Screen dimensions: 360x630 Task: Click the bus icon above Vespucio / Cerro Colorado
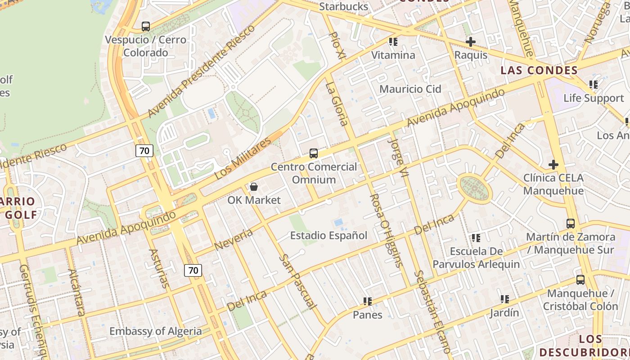[x=145, y=27]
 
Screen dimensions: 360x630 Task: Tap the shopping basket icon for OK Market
[x=254, y=187]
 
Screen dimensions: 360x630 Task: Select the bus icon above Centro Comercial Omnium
[x=314, y=153]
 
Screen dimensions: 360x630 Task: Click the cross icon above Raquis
[x=471, y=42]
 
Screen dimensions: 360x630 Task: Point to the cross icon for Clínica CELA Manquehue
[x=553, y=165]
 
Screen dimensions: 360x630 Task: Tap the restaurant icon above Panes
[x=368, y=301]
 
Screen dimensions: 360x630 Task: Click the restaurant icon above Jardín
[x=505, y=299]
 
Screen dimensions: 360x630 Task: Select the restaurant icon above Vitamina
[x=393, y=42]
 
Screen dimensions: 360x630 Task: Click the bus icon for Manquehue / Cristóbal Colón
[x=580, y=280]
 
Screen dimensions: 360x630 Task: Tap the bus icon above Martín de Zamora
[x=571, y=224]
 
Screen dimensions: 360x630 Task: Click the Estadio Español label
[x=328, y=235]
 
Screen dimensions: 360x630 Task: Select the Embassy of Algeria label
[x=156, y=332]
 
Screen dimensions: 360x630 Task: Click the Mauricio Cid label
[x=410, y=89]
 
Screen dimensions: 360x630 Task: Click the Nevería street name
[x=234, y=239]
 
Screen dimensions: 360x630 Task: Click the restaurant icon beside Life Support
[x=594, y=85]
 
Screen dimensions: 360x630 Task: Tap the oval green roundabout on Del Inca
[x=474, y=188]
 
